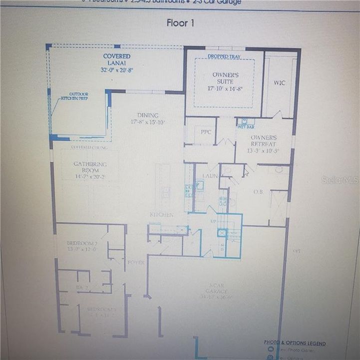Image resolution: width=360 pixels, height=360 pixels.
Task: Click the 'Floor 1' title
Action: click(180, 23)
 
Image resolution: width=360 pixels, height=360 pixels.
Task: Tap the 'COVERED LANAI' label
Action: click(117, 56)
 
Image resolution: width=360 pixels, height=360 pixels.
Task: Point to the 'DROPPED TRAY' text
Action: click(224, 56)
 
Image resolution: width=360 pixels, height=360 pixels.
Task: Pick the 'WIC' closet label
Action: click(280, 83)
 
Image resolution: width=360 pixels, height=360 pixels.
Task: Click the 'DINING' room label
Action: click(148, 115)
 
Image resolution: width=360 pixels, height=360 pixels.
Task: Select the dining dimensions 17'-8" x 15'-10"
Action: click(148, 122)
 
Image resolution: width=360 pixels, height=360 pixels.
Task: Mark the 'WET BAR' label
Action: click(246, 127)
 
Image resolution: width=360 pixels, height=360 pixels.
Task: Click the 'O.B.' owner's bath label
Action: click(258, 191)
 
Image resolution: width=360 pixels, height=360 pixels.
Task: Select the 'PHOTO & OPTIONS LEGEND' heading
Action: click(295, 343)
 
